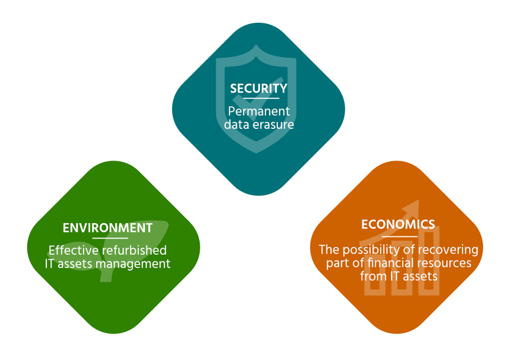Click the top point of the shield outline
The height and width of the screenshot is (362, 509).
pyautogui.click(x=256, y=45)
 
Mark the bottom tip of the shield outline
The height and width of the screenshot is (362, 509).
pyautogui.click(x=256, y=153)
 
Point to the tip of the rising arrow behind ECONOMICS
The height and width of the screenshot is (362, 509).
pyautogui.click(x=419, y=200)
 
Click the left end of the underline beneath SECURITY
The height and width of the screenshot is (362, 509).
pyautogui.click(x=243, y=98)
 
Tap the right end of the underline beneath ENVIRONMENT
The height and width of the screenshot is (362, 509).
pyautogui.click(x=128, y=238)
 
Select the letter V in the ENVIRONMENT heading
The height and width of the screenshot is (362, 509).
pyautogui.click(x=82, y=228)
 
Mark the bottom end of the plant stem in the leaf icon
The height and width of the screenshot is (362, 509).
pyautogui.click(x=106, y=281)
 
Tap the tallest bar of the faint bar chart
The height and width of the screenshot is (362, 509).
pyautogui.click(x=428, y=260)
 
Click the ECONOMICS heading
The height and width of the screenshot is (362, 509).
pyautogui.click(x=398, y=224)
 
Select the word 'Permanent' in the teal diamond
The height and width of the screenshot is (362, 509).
pyautogui.click(x=259, y=111)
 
